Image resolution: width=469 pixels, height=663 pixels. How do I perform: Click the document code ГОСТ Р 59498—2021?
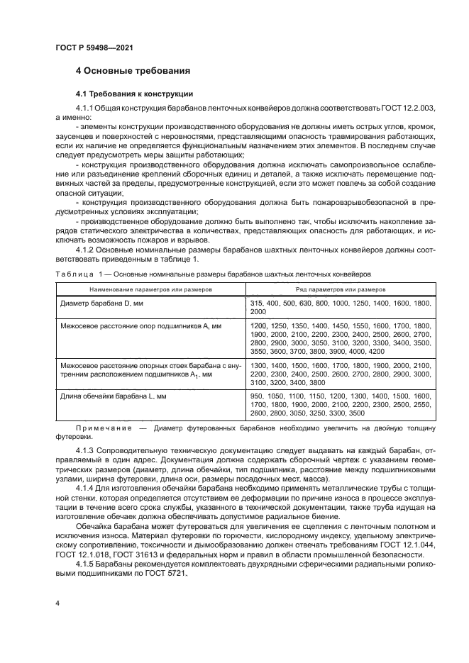pyautogui.click(x=94, y=47)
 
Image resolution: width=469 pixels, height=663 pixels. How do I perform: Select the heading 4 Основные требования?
pyautogui.click(x=132, y=72)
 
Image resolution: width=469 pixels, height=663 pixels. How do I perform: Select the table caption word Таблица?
pyautogui.click(x=73, y=274)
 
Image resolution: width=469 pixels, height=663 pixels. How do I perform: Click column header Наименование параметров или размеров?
pyautogui.click(x=148, y=289)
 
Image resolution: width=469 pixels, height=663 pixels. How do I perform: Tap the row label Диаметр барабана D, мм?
pyautogui.click(x=101, y=303)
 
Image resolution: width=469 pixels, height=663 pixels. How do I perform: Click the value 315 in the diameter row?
pyautogui.click(x=258, y=303)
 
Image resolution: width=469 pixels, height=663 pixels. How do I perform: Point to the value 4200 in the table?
pyautogui.click(x=375, y=350)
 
